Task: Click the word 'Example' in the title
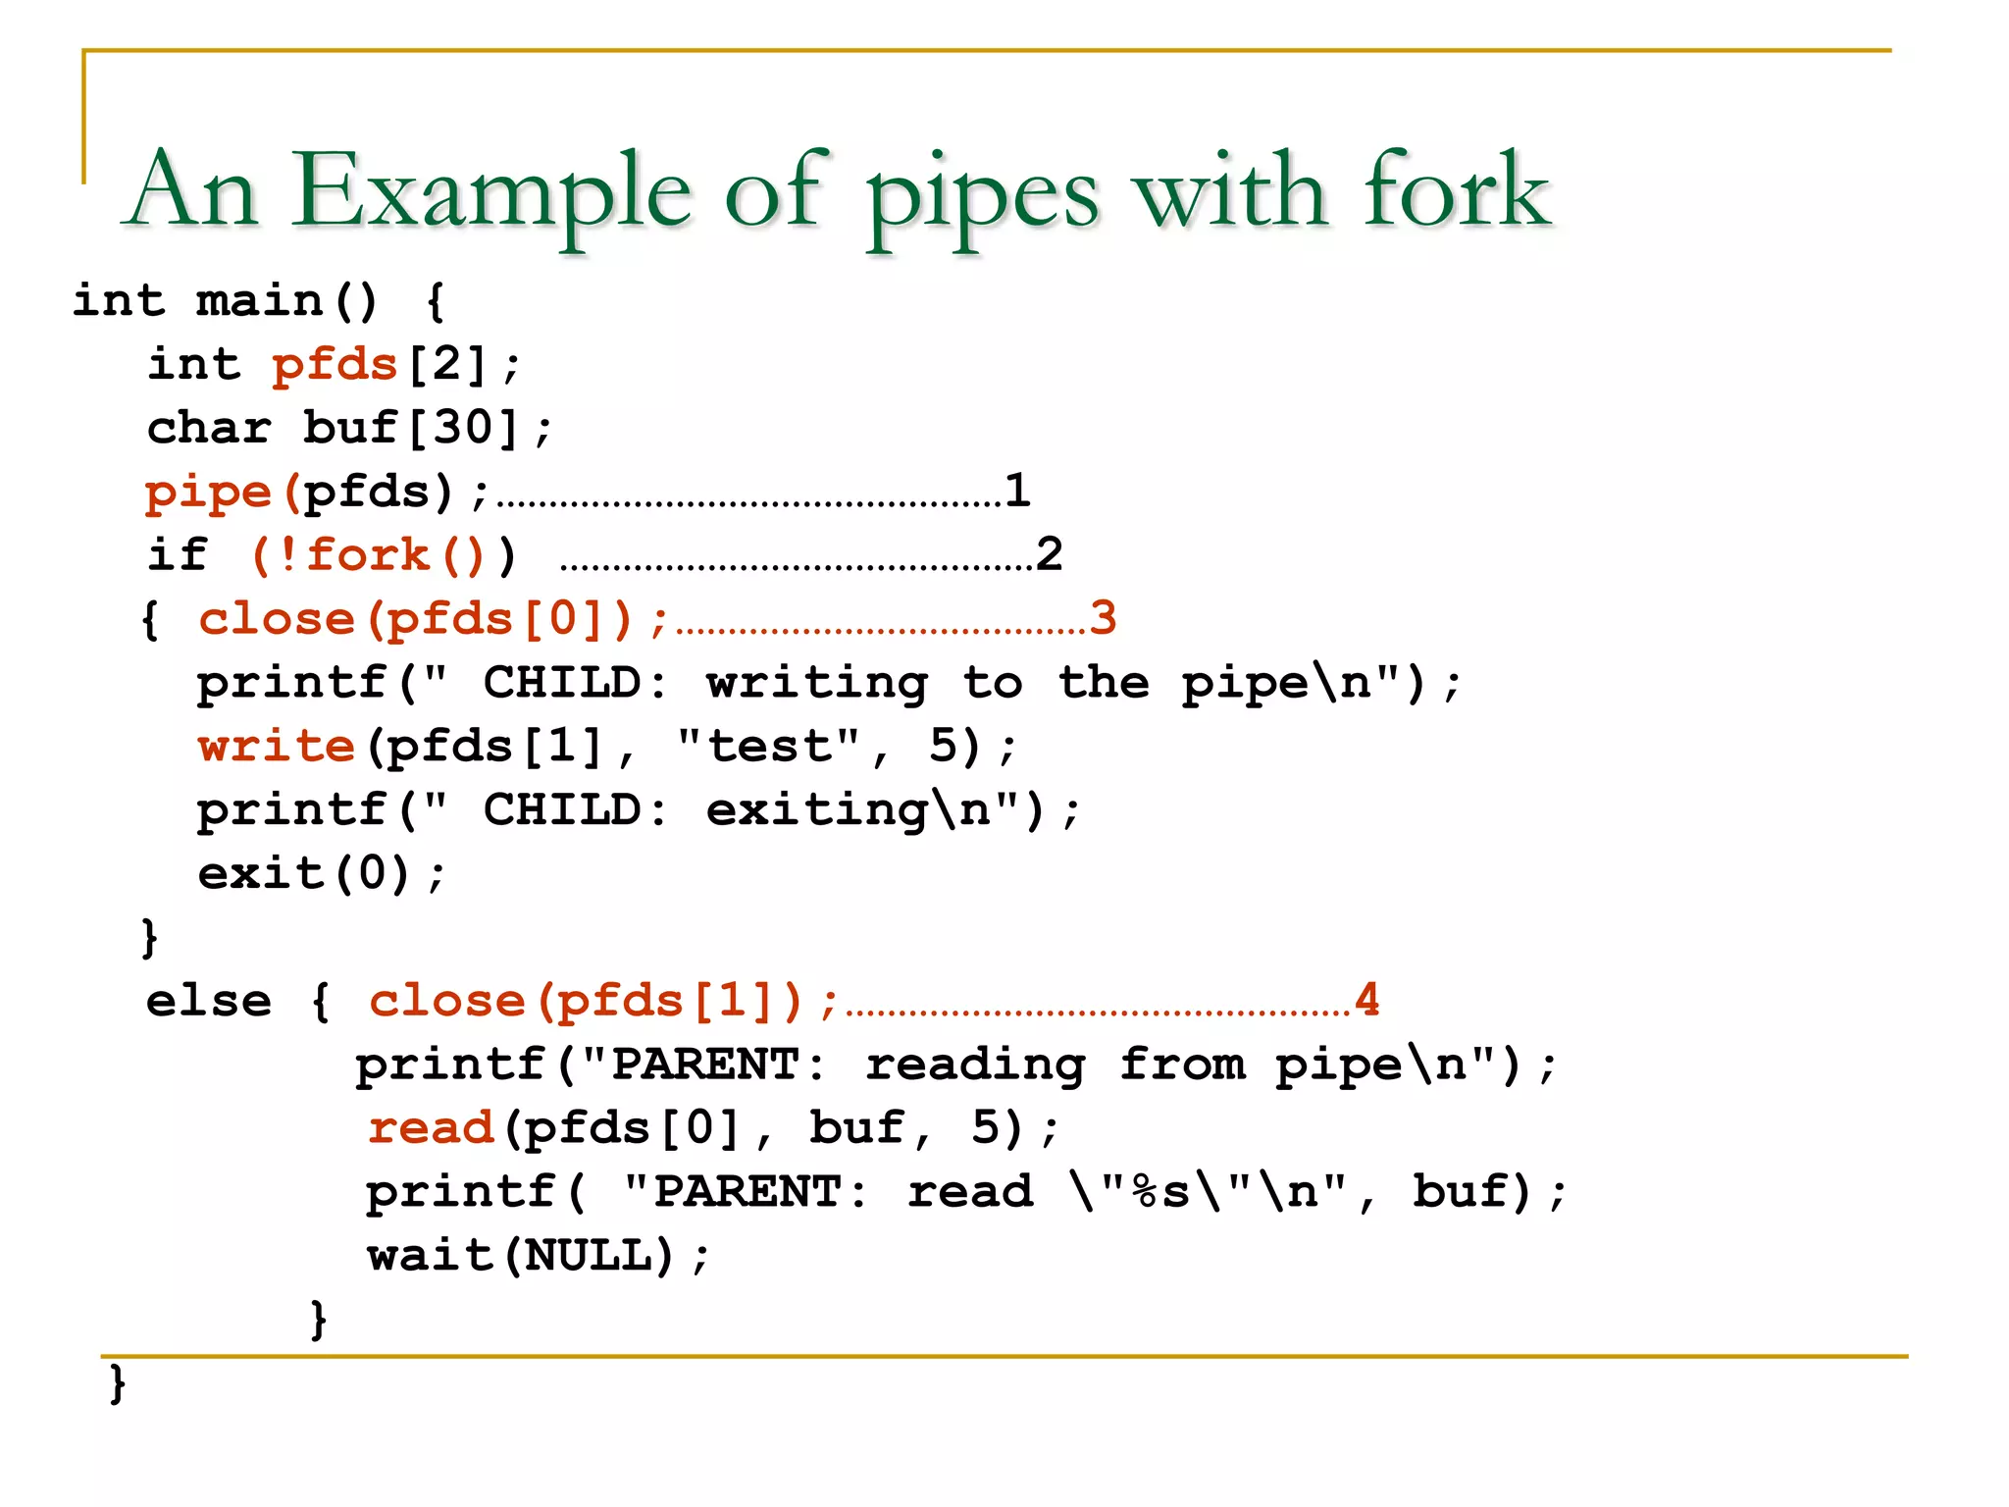(490, 191)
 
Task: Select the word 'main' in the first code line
(259, 300)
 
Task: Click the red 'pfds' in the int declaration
(335, 365)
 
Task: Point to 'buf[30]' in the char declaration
(410, 428)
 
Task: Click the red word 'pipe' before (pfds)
(208, 492)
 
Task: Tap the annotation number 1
(1017, 490)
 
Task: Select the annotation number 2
(1049, 554)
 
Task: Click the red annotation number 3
(1103, 618)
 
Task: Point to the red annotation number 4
(1366, 1000)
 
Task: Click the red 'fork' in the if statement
(368, 555)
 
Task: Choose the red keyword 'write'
(276, 746)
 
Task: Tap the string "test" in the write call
(769, 746)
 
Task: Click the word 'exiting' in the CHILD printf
(817, 810)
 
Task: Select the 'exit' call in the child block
(260, 873)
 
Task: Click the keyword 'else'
(208, 1001)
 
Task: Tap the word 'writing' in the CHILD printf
(817, 683)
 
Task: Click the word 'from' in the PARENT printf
(1182, 1065)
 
